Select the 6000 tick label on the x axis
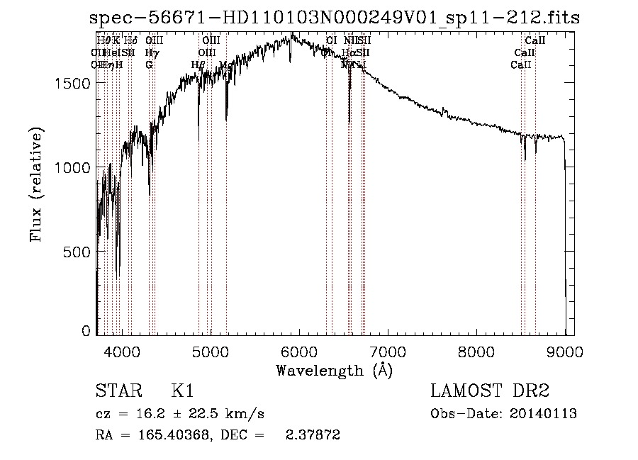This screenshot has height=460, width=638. [x=299, y=350]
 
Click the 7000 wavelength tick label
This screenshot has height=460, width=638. [x=388, y=350]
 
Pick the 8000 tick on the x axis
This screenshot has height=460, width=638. [x=476, y=350]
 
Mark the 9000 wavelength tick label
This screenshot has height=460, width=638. [x=565, y=350]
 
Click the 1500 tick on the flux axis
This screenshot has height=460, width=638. [x=72, y=83]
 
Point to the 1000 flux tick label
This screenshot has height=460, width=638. [x=72, y=167]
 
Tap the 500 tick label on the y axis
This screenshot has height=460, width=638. [x=77, y=252]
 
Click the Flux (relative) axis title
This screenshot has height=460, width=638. [x=35, y=185]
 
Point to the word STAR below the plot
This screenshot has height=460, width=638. [x=118, y=391]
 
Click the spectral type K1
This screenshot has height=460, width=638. [x=184, y=391]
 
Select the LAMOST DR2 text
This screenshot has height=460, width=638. [x=490, y=391]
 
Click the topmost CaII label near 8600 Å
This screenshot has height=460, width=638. [x=535, y=41]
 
